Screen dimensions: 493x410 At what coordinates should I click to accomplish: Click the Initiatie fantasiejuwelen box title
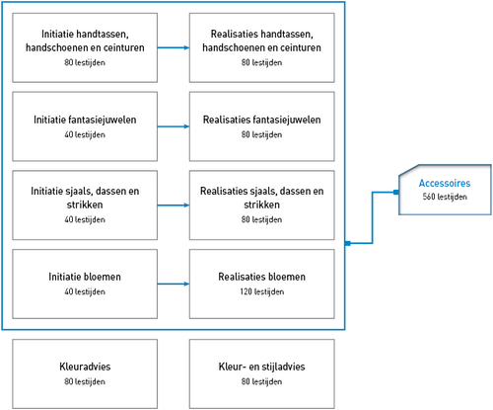[x=85, y=120]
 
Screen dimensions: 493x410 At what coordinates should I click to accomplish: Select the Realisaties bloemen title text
[x=261, y=277]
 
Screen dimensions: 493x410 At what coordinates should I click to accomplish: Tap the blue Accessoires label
[x=445, y=183]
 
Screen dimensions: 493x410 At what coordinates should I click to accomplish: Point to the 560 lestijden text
[x=445, y=197]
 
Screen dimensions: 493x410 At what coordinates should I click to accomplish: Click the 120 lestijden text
[x=261, y=291]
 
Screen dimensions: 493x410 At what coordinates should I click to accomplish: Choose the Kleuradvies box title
[x=85, y=367]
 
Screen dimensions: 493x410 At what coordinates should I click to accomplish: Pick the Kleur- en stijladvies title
[x=261, y=367]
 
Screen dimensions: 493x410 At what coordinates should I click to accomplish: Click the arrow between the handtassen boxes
[x=174, y=47]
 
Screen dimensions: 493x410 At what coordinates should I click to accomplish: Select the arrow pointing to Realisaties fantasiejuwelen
[x=174, y=126]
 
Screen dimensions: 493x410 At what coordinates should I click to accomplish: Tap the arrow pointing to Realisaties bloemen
[x=174, y=284]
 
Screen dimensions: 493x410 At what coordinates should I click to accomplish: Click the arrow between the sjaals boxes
[x=174, y=205]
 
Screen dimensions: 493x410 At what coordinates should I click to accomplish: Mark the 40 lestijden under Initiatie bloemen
[x=85, y=291]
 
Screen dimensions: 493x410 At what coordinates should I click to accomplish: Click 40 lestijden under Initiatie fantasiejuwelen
[x=85, y=134]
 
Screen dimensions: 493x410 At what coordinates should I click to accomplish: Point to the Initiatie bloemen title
[x=85, y=277]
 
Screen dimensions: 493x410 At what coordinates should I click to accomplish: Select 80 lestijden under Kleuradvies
[x=85, y=381]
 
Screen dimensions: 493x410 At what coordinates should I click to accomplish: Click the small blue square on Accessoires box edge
[x=396, y=192]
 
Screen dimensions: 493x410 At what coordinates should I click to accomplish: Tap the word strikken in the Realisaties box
[x=261, y=205]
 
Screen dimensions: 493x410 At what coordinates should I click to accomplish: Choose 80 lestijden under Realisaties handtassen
[x=261, y=62]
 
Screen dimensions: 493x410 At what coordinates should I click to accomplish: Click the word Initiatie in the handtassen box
[x=56, y=34]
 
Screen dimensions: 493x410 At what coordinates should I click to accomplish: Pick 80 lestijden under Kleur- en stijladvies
[x=261, y=381]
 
